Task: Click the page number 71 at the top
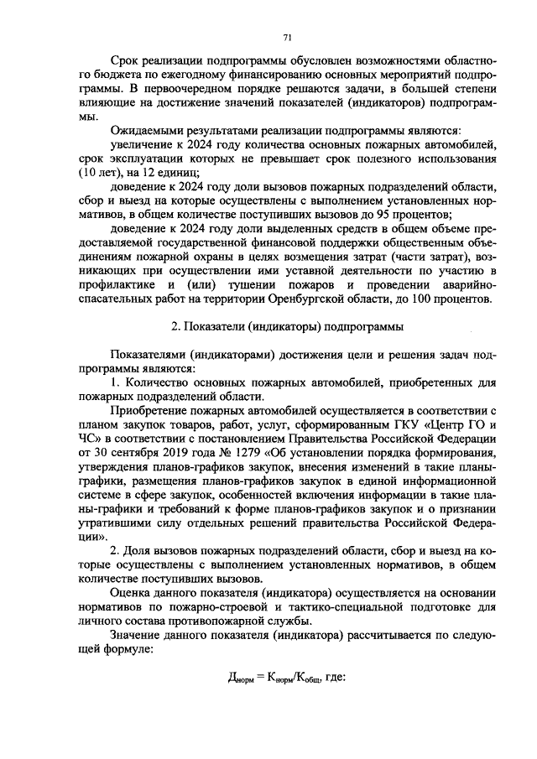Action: [287, 37]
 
